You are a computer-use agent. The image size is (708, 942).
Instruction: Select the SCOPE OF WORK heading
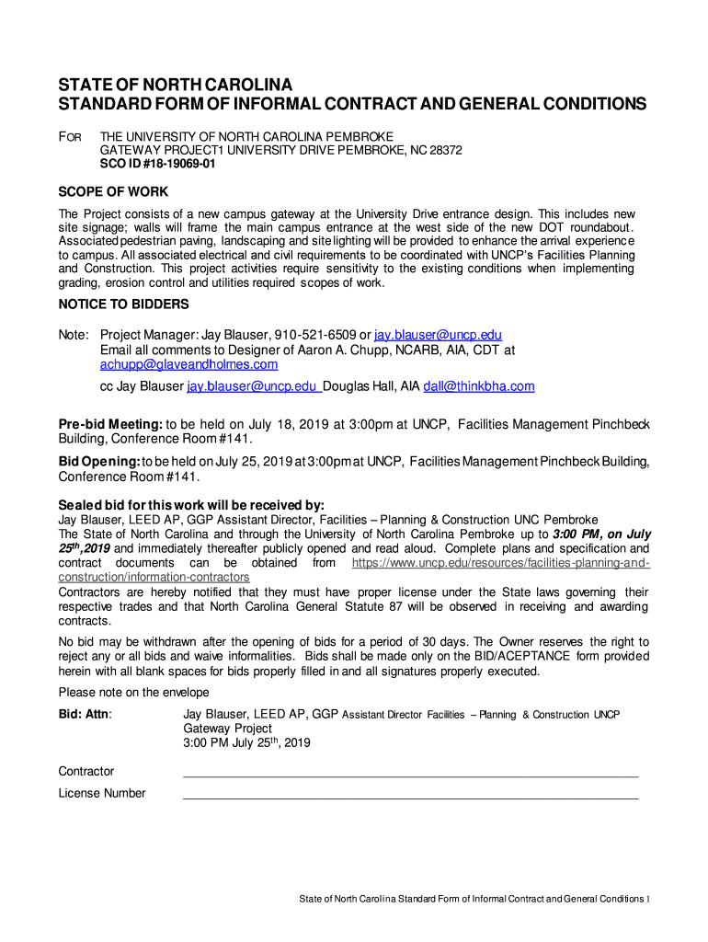coord(113,191)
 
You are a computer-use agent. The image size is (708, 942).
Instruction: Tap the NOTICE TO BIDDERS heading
coord(123,304)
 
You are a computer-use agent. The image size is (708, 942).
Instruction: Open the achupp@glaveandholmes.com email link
coord(188,364)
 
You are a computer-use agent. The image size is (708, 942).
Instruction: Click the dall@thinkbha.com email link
coord(478,386)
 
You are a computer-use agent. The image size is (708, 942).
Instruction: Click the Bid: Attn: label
coord(86,714)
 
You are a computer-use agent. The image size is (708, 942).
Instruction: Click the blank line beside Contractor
coord(410,772)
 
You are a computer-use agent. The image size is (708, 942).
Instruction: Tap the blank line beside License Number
coord(410,794)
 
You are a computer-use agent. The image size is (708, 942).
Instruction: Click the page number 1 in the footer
coord(648,899)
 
